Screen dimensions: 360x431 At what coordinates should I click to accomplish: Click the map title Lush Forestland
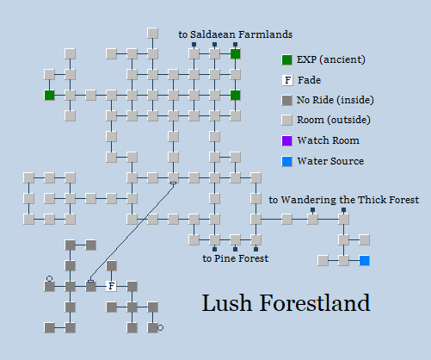[x=286, y=303]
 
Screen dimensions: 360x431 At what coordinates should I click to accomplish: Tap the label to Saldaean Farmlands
[x=235, y=34]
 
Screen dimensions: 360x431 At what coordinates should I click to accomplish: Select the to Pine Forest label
[x=235, y=258]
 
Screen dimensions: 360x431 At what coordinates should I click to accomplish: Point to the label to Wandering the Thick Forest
[x=343, y=200]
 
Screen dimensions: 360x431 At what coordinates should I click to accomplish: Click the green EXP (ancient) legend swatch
[x=287, y=59]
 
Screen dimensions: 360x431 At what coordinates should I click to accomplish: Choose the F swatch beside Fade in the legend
[x=287, y=80]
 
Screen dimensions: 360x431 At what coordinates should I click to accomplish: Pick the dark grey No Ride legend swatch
[x=287, y=101]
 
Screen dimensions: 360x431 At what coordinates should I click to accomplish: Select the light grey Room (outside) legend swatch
[x=287, y=121]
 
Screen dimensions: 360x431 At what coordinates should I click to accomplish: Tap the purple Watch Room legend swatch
[x=287, y=140]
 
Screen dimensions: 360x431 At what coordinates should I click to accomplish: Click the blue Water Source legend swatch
[x=287, y=161]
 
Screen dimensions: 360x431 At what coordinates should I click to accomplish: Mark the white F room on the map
[x=111, y=286]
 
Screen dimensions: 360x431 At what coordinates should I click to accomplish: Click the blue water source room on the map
[x=365, y=260]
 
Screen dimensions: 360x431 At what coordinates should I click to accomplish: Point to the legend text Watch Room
[x=328, y=140]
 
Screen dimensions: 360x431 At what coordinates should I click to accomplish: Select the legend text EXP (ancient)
[x=331, y=59]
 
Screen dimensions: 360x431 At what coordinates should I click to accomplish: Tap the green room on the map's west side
[x=49, y=95]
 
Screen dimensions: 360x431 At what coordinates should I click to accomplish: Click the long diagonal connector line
[x=132, y=233]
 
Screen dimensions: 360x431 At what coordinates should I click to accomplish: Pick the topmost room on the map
[x=152, y=33]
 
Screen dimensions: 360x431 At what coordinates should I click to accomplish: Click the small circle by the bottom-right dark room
[x=161, y=327]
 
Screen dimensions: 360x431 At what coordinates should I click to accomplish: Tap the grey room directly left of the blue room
[x=343, y=260]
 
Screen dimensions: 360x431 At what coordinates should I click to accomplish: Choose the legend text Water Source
[x=330, y=161]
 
